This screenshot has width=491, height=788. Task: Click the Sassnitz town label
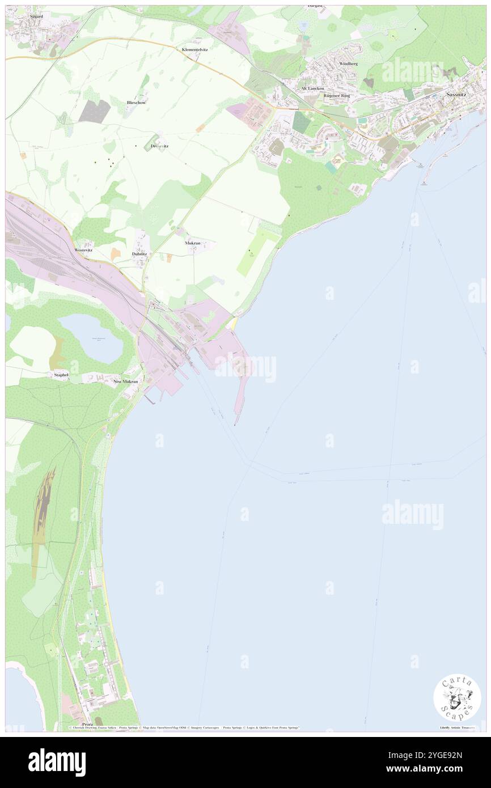click(456, 95)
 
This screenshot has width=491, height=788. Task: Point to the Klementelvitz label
click(194, 50)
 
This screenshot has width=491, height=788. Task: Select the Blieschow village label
click(136, 103)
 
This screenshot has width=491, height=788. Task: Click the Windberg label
click(348, 64)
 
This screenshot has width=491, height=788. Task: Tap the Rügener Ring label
click(337, 96)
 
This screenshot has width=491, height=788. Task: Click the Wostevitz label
click(83, 250)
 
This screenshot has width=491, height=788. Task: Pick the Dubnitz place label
click(139, 253)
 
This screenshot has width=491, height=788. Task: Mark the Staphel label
click(61, 375)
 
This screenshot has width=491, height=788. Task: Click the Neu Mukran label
click(126, 382)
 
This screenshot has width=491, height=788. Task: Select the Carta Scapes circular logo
click(457, 697)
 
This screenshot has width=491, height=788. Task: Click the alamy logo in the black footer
click(57, 762)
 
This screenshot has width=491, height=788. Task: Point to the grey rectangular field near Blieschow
click(94, 111)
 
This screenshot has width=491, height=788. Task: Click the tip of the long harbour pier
click(235, 423)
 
